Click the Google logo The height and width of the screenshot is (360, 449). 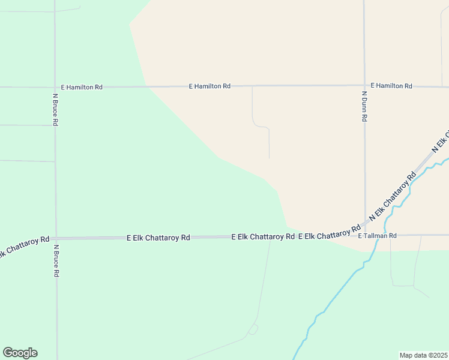(20, 353)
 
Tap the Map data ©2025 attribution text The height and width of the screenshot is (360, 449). (423, 355)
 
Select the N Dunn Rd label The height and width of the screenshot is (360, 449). (364, 107)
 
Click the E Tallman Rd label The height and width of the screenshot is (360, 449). (378, 236)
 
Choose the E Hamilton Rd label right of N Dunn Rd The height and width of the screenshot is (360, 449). (391, 86)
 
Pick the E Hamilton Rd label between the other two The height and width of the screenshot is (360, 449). (209, 86)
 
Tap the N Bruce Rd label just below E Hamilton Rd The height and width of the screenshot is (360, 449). (55, 109)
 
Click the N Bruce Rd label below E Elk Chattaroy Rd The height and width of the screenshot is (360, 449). (56, 260)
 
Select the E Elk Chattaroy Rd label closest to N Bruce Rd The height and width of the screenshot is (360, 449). (158, 238)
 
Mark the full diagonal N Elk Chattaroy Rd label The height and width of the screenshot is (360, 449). (393, 196)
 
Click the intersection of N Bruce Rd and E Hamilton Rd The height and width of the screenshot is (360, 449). (55, 87)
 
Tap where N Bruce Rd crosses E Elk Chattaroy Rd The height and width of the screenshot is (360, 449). (56, 238)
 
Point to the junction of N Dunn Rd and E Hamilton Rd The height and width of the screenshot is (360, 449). (364, 85)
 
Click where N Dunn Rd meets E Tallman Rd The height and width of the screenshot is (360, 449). (365, 234)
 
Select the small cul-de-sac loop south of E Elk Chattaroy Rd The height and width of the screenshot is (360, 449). (253, 329)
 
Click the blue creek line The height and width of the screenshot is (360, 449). (336, 294)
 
